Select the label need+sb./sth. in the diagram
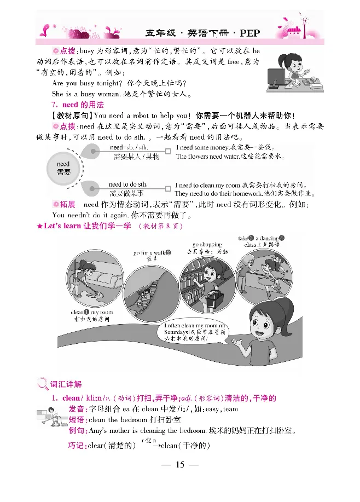click(x=129, y=148)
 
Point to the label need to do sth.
click(x=129, y=184)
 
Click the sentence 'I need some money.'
click(x=200, y=148)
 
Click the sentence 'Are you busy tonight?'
click(x=85, y=83)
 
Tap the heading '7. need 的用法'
click(x=83, y=105)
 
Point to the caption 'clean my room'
click(x=91, y=313)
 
